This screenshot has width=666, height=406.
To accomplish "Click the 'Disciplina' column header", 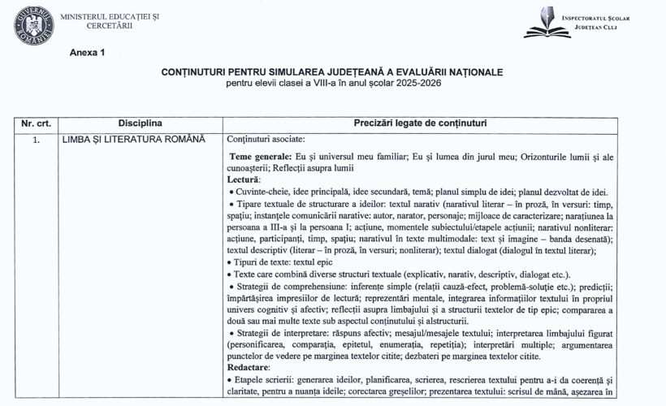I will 140,123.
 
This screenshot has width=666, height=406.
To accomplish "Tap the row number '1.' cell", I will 37,139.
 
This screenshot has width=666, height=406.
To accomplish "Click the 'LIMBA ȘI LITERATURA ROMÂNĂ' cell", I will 134,139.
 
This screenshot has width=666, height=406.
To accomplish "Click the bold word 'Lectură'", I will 244,179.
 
